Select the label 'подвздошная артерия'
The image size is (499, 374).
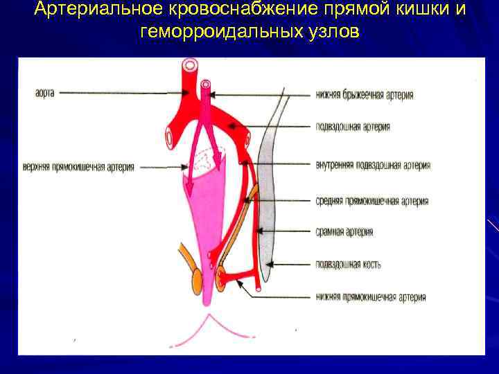[352, 127]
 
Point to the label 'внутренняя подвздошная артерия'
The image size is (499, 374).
[372, 165]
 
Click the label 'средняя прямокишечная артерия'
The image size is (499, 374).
[371, 201]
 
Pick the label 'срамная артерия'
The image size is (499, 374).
[344, 232]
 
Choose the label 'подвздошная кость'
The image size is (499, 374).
[347, 264]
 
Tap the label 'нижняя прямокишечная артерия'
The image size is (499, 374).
[370, 297]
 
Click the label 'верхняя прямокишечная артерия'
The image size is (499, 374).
[78, 167]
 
